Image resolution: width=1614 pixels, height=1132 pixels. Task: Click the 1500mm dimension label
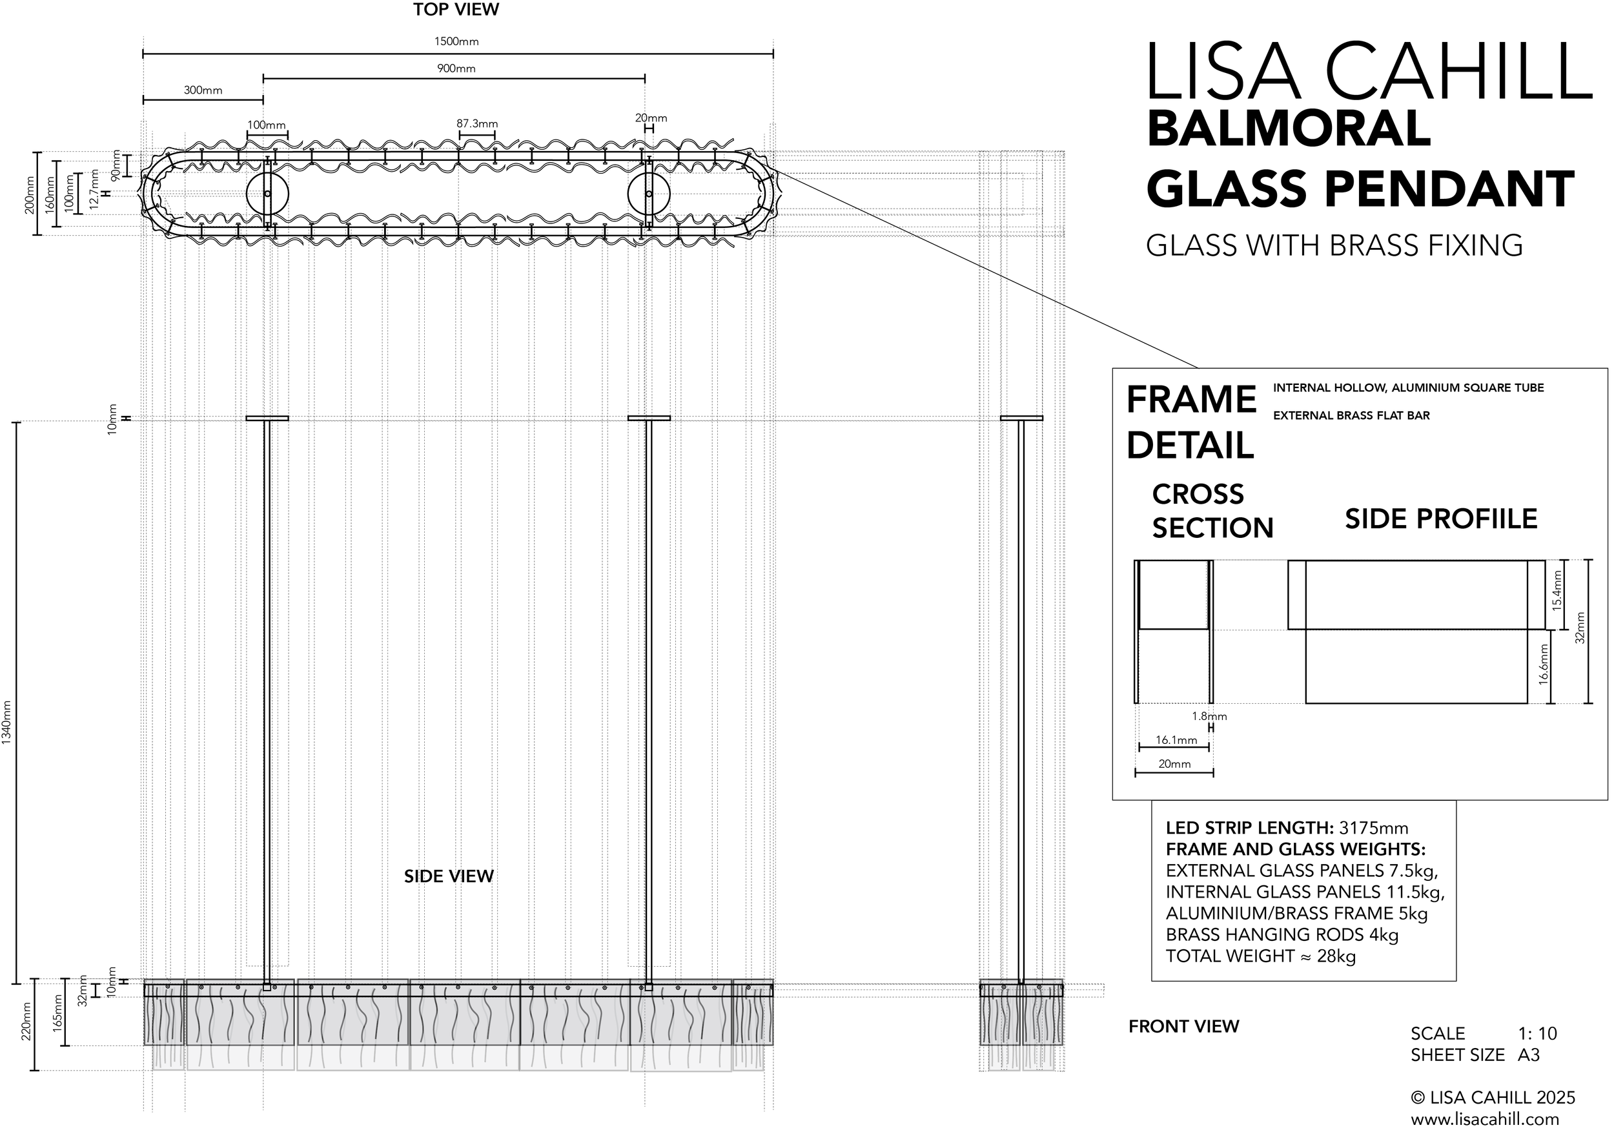[x=456, y=41]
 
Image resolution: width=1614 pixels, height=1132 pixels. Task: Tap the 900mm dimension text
[x=456, y=69]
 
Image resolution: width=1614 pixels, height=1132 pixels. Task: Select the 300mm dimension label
[x=203, y=90]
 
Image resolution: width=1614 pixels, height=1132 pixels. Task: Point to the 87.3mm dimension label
[x=477, y=124]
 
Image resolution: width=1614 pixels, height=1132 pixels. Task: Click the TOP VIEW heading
[x=456, y=10]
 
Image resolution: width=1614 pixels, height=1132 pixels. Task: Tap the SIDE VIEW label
[x=449, y=876]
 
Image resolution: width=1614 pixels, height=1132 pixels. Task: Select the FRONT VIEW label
[x=1184, y=1027]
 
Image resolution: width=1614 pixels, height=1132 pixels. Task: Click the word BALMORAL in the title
[x=1289, y=129]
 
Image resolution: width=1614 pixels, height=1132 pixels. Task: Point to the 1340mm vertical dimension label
[x=7, y=723]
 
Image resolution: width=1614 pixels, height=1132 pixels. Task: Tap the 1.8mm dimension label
[x=1209, y=717]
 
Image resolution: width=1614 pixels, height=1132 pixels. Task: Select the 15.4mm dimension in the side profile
[x=1557, y=590]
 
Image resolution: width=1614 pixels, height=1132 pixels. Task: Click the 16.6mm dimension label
[x=1544, y=664]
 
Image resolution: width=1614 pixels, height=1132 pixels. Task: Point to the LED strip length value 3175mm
[x=1374, y=828]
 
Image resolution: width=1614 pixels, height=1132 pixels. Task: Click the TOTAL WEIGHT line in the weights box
[x=1260, y=956]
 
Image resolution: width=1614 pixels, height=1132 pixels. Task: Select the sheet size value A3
[x=1528, y=1055]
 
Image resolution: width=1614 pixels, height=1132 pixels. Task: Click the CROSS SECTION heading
[x=1212, y=511]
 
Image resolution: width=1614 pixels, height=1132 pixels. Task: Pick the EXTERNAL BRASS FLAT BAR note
[x=1351, y=415]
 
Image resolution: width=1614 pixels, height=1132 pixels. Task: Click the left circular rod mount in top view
[x=267, y=194]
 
